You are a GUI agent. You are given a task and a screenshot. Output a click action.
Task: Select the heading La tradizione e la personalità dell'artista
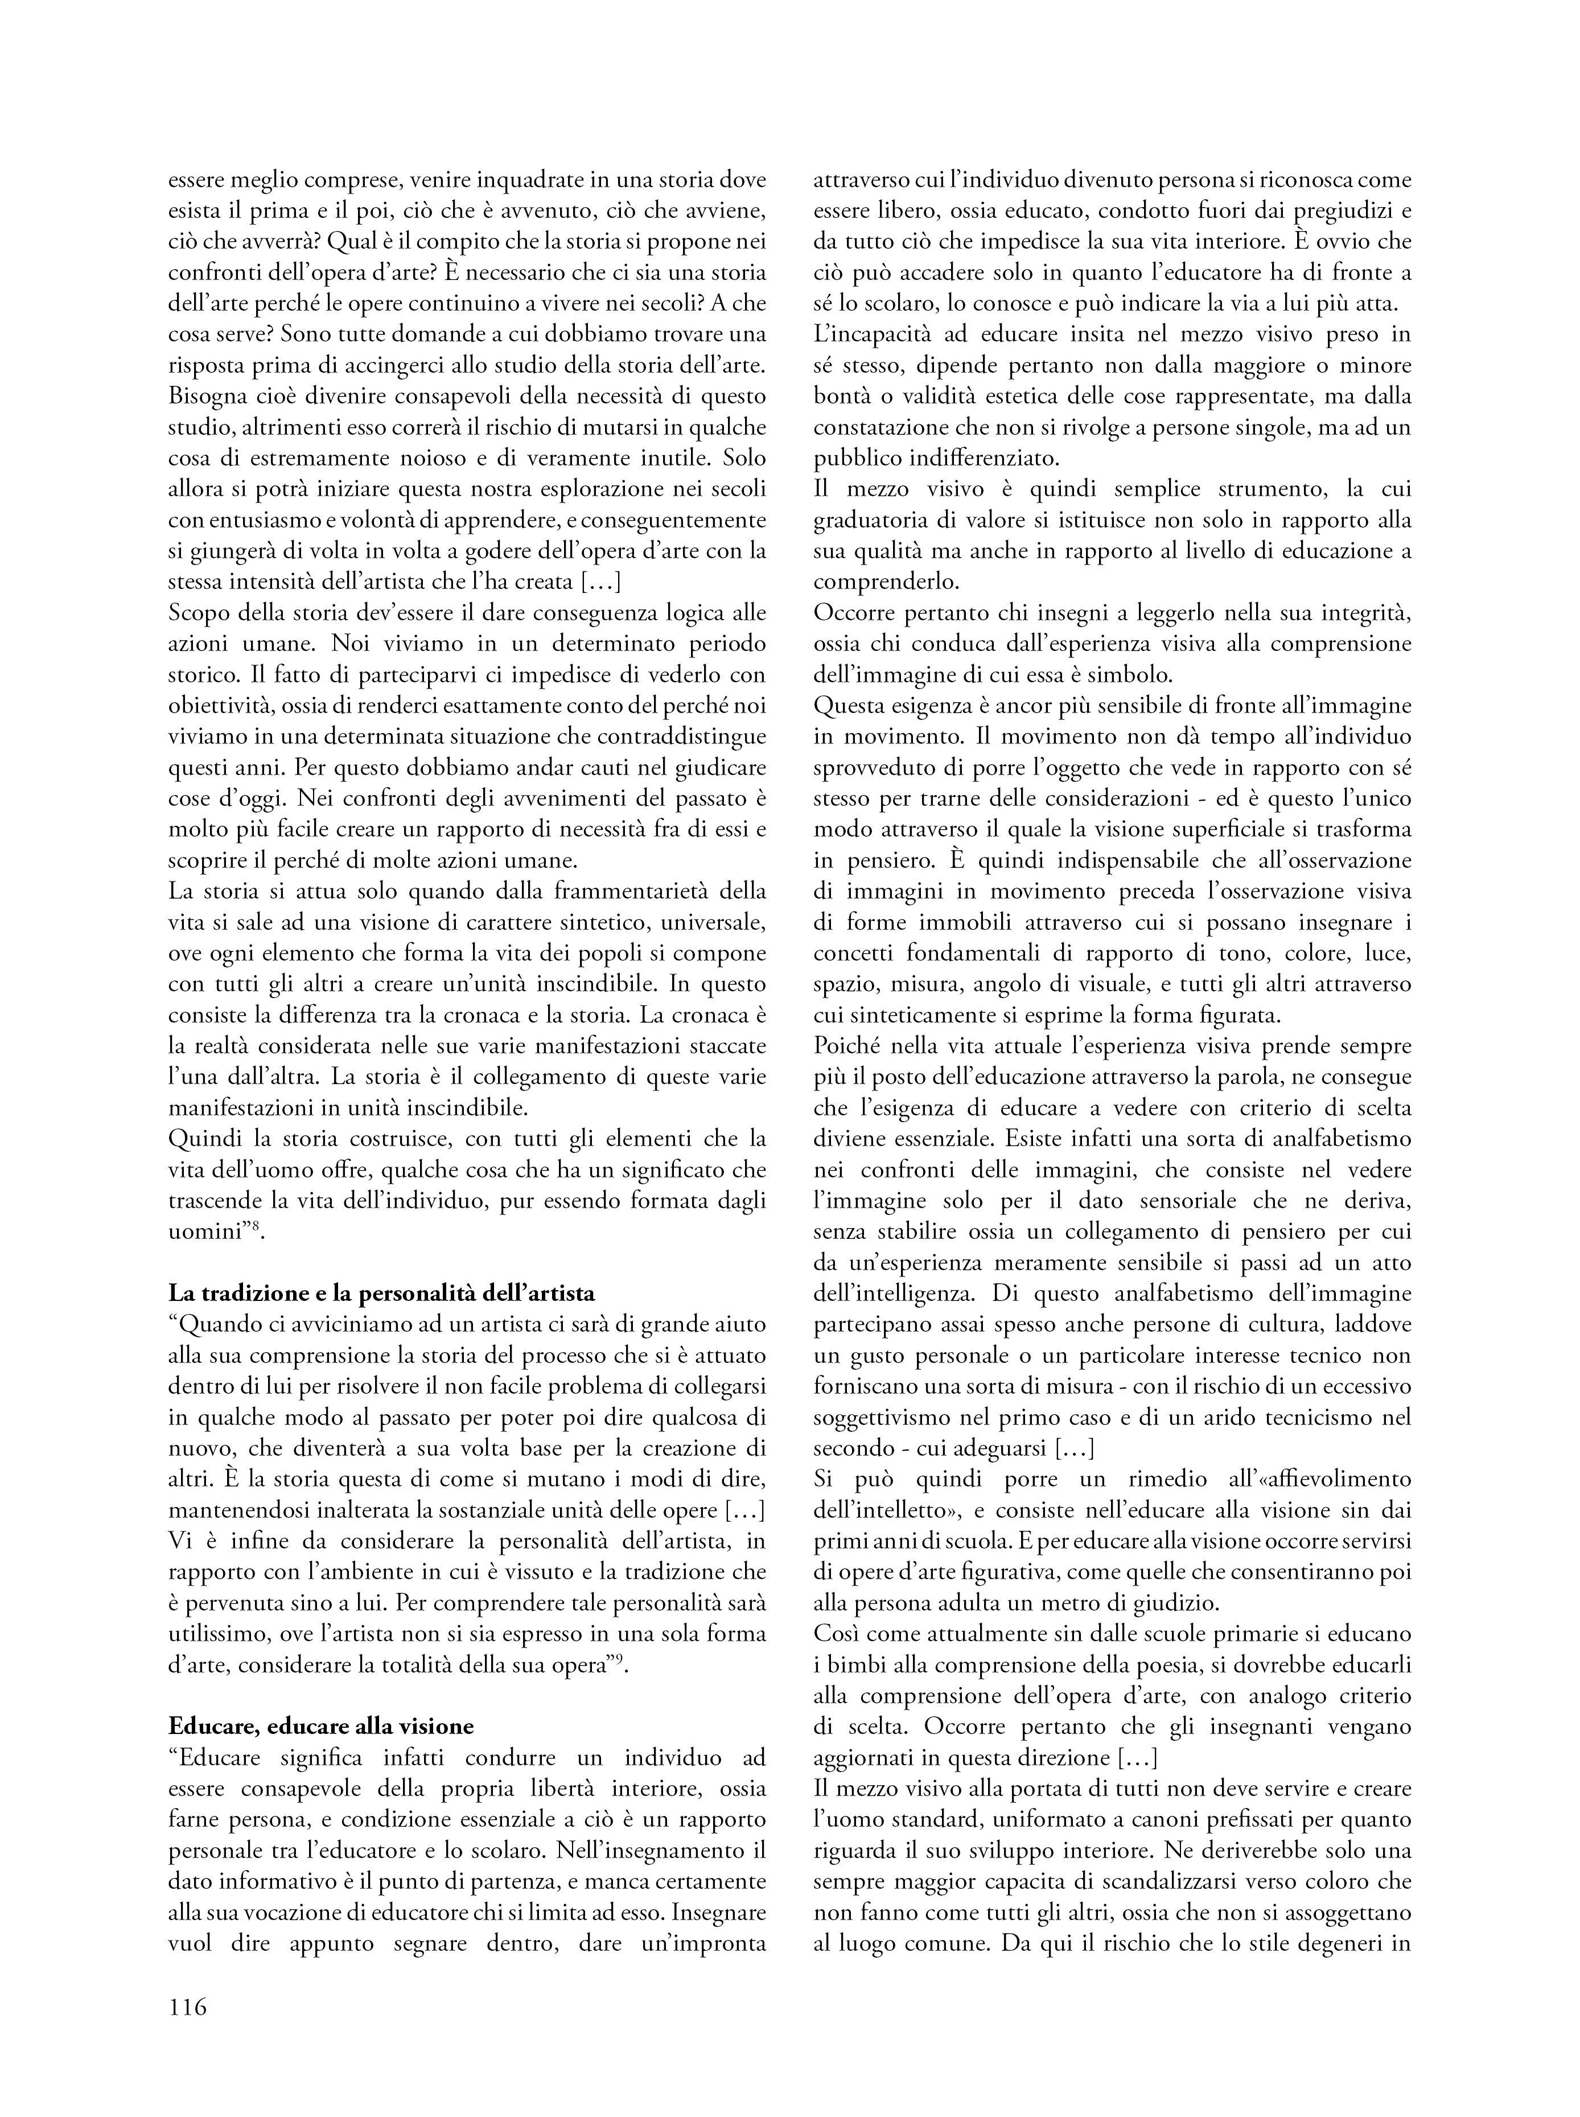pyautogui.click(x=381, y=1293)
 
